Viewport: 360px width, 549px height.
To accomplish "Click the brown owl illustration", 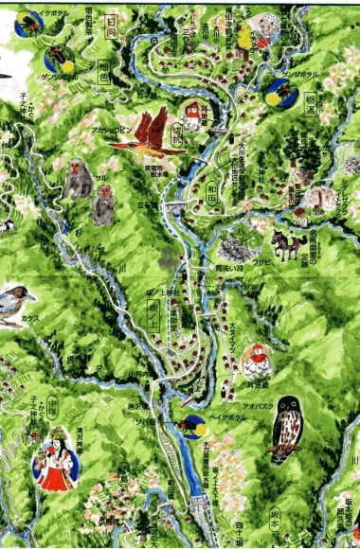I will [285, 431].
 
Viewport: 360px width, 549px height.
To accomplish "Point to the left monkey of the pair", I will [80, 178].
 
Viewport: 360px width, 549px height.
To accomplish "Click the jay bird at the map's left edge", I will [15, 301].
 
